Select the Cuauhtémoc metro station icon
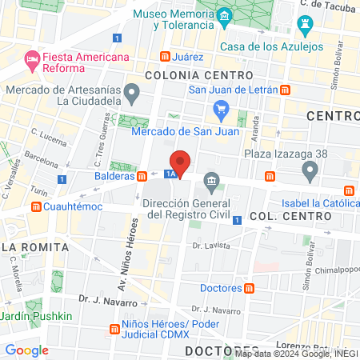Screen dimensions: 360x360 point(35,206)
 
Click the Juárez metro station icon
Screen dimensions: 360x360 point(166,57)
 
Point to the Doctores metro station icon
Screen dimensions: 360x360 point(250,287)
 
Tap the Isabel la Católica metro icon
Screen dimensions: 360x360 point(348,190)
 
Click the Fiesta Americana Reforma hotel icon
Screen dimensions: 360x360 point(32,58)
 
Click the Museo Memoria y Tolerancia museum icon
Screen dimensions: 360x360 point(225,16)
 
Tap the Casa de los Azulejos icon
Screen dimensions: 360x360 point(304,26)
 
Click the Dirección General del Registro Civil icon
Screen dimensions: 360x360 point(211,182)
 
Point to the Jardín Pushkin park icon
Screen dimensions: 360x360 point(32,306)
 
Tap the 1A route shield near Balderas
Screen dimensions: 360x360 point(170,173)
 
